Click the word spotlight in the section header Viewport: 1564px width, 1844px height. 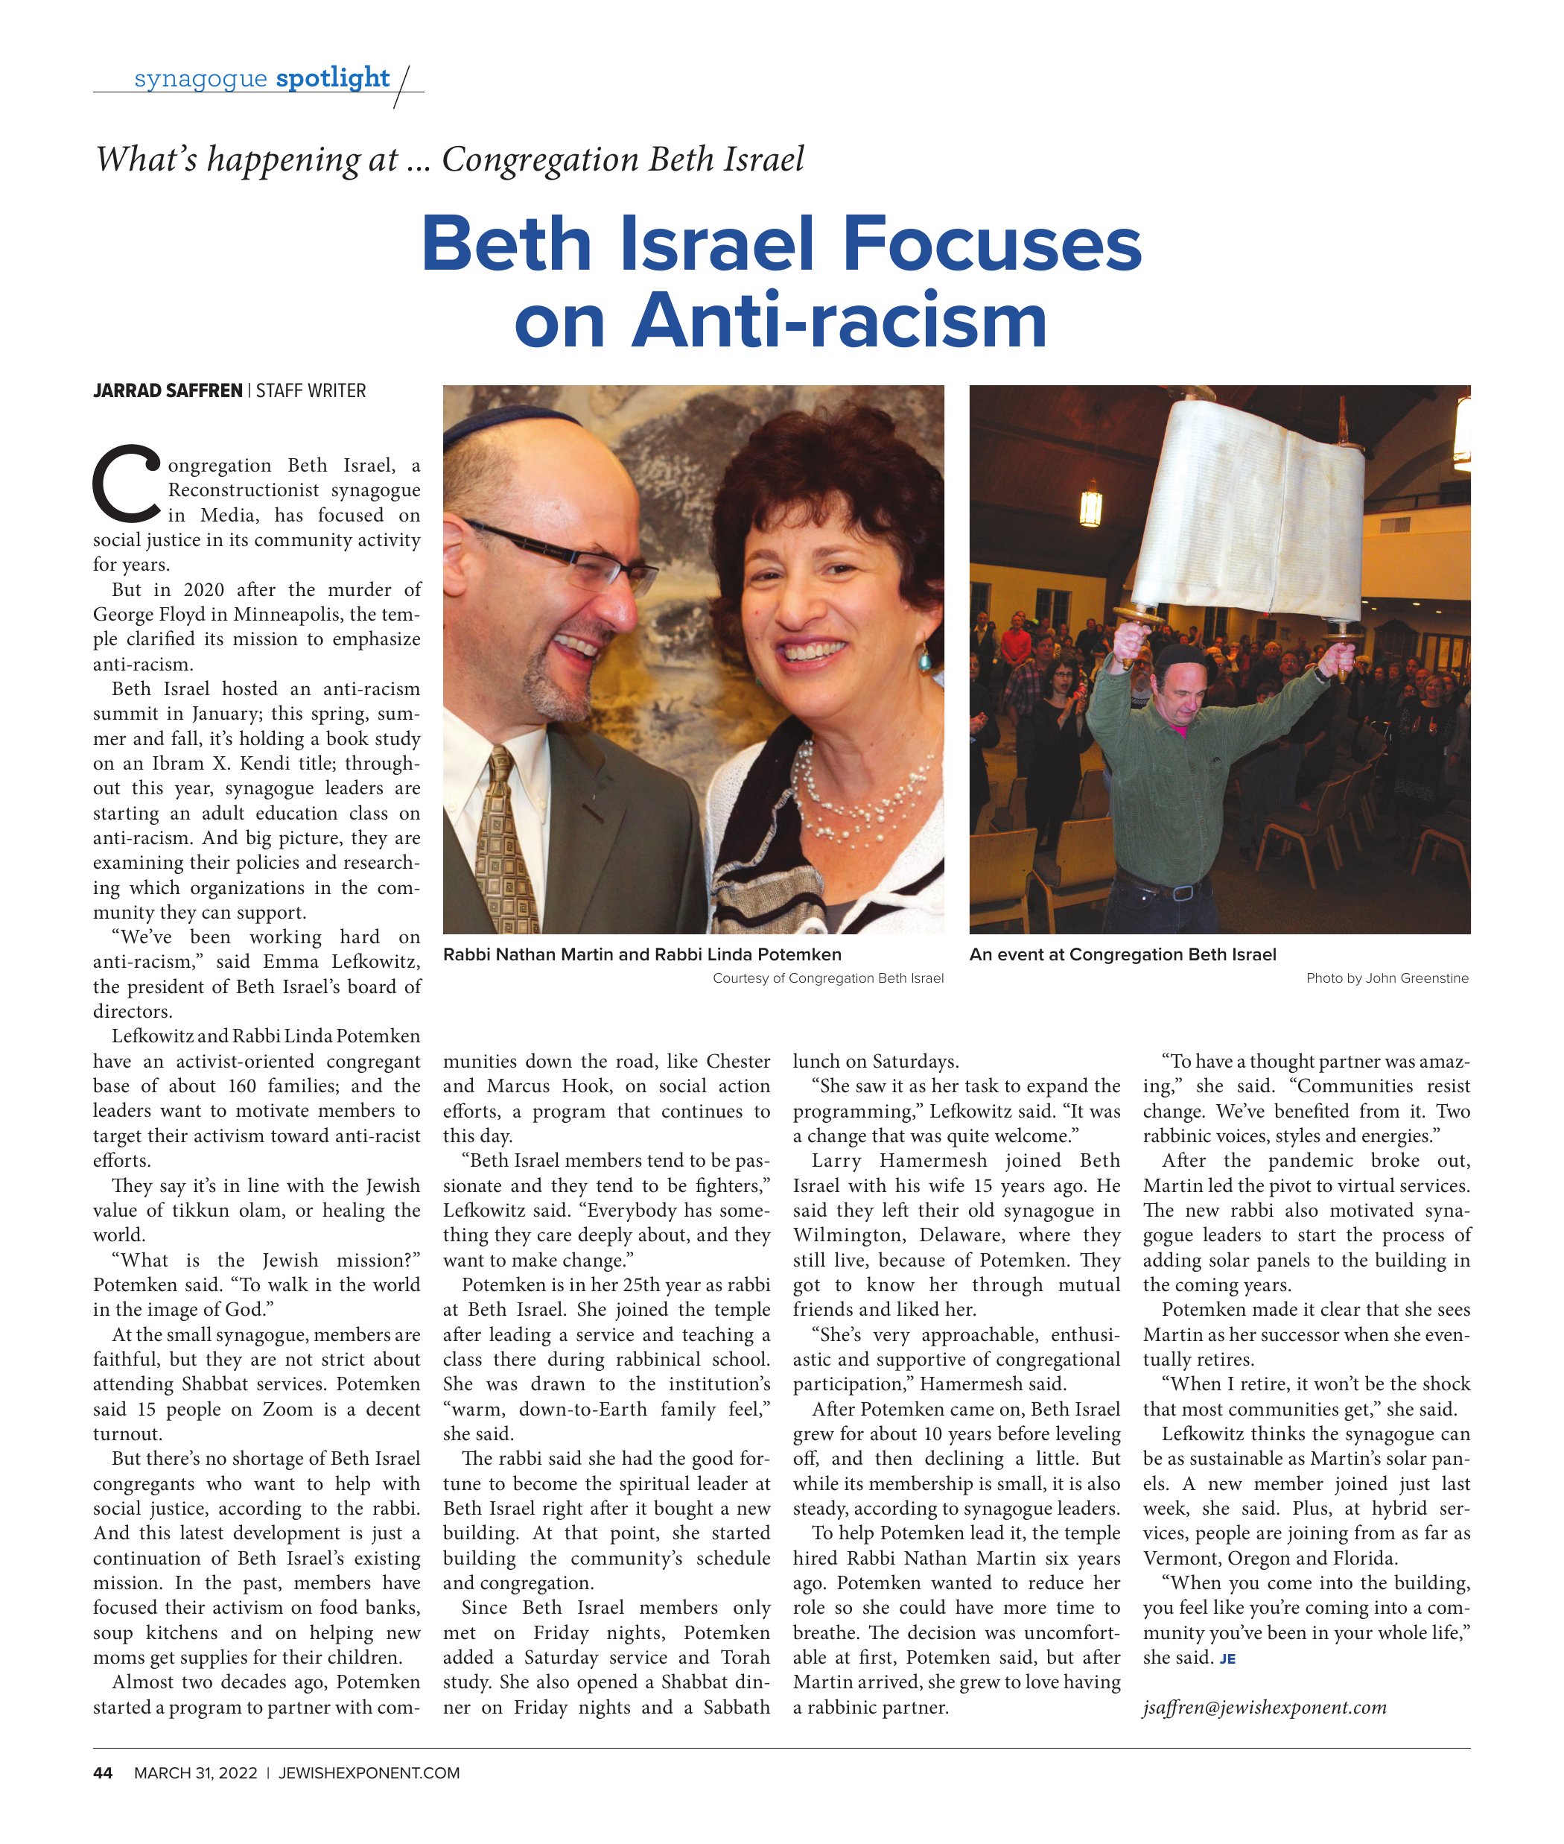coord(332,78)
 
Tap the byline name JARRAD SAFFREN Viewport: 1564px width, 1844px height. coord(168,391)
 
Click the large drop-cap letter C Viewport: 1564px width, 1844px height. coord(127,484)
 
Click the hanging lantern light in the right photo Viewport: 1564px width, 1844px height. coord(1090,507)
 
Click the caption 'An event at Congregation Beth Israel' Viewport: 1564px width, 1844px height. coord(1122,955)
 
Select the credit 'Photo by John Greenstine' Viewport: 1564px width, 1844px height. coord(1387,978)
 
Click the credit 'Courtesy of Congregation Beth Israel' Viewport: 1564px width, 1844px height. coord(828,978)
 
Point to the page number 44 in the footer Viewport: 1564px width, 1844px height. coord(103,1773)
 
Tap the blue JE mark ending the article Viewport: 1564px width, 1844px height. coord(1227,1658)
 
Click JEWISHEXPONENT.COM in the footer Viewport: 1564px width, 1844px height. coord(369,1773)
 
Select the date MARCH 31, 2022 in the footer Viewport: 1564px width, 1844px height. coord(195,1773)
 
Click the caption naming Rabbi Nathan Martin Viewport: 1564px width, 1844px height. coord(642,955)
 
